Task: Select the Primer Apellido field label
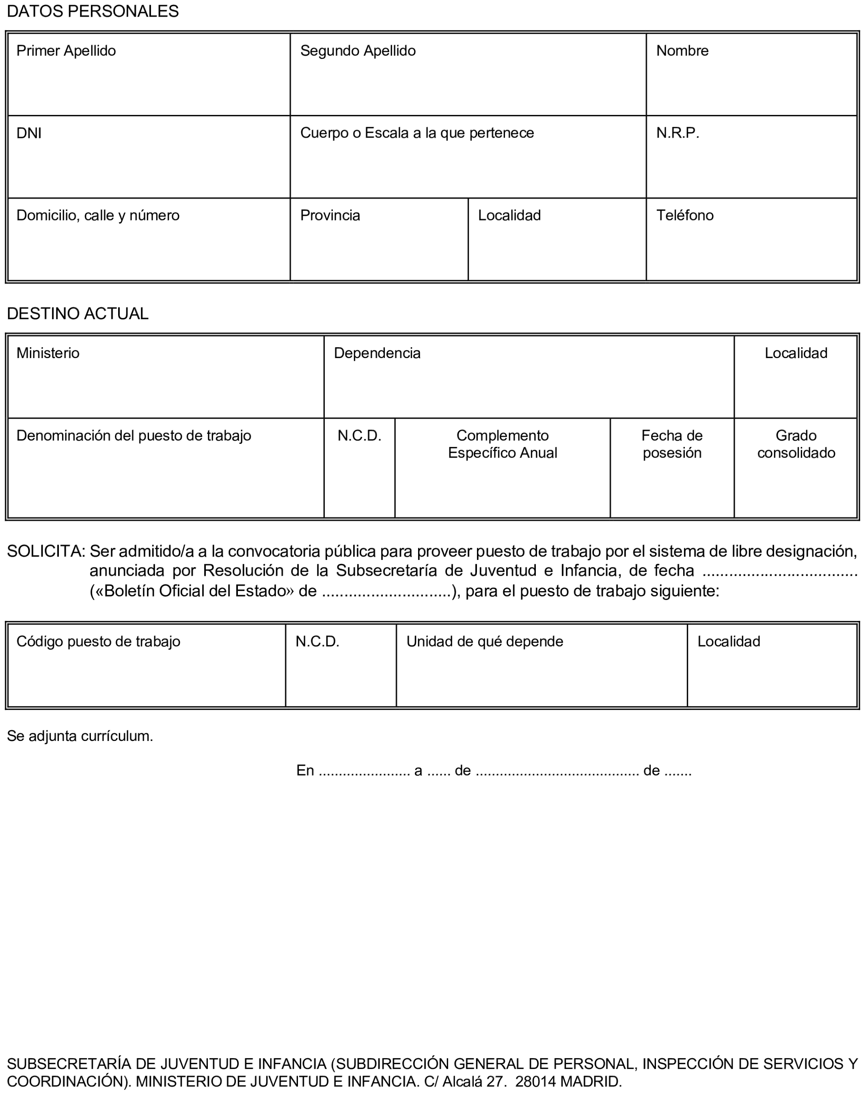66,50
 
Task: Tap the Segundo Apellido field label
358,50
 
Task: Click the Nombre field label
682,50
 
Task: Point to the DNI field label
29,133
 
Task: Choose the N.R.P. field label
677,133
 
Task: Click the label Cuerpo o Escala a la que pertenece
417,133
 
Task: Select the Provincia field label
330,215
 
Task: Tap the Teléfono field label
685,215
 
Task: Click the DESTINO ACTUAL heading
78,314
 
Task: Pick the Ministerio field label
48,353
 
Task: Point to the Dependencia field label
377,353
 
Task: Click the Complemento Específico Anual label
502,444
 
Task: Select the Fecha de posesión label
671,444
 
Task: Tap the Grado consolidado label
796,444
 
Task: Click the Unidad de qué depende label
485,641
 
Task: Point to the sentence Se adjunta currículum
80,736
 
